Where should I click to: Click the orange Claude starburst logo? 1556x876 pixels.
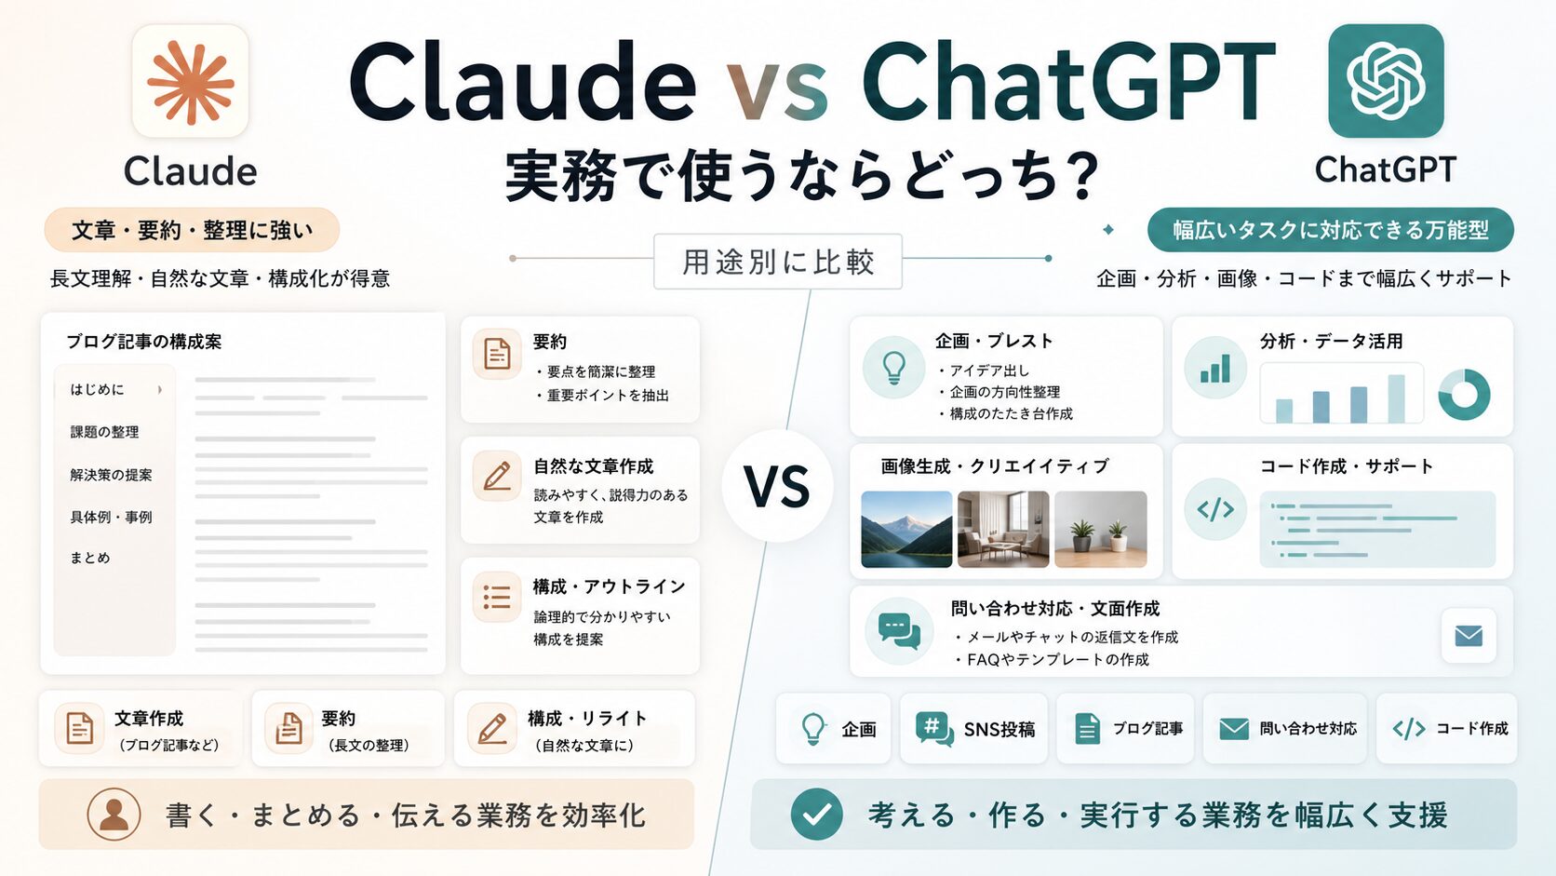click(x=191, y=83)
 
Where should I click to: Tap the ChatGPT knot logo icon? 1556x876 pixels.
click(x=1386, y=81)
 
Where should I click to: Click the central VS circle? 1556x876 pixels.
click(x=777, y=486)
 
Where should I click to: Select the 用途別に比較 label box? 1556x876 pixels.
click(x=778, y=262)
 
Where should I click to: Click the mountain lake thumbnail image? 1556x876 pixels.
click(x=906, y=530)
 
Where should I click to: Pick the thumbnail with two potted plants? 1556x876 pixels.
click(x=1101, y=530)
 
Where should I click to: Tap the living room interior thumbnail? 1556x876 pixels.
click(x=1003, y=530)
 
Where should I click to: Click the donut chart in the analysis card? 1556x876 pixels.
click(x=1464, y=394)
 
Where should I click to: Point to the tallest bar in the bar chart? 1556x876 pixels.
click(x=1396, y=398)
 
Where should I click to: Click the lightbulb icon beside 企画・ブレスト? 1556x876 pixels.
click(x=894, y=368)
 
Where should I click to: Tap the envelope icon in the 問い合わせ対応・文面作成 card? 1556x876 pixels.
click(x=1469, y=636)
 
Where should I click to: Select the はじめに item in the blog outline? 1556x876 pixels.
click(x=97, y=390)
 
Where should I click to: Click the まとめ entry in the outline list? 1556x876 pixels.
click(x=89, y=558)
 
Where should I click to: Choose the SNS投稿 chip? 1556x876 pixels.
click(x=973, y=729)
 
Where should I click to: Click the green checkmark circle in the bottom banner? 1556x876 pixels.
click(x=817, y=815)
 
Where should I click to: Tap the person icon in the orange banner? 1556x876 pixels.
click(x=114, y=815)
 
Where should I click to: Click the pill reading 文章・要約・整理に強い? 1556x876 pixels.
click(x=192, y=230)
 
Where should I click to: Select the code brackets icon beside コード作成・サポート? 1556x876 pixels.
click(x=1215, y=509)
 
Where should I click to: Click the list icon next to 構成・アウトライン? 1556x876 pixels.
click(x=497, y=597)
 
